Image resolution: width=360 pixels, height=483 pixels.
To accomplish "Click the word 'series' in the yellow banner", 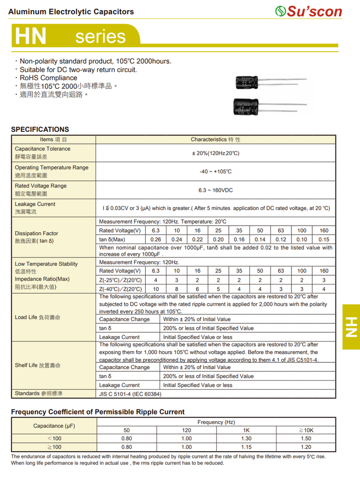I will click(100, 37).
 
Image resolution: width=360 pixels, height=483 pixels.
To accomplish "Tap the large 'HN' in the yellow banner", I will click(31, 37).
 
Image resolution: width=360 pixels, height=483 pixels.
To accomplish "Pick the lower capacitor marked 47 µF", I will click(251, 106).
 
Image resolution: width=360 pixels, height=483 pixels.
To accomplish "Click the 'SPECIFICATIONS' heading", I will click(40, 129).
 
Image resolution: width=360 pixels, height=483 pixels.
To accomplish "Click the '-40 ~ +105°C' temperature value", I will click(215, 172).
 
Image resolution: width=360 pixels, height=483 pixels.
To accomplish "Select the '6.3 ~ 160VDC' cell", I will click(215, 190).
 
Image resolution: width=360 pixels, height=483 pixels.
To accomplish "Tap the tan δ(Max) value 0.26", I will click(155, 240).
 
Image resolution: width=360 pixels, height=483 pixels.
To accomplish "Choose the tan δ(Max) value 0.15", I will click(324, 240).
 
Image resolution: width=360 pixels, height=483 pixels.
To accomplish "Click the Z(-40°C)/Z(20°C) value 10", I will click(155, 289).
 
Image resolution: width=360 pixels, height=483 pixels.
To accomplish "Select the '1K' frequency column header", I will click(246, 430).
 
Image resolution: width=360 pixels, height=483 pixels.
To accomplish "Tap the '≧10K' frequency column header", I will click(306, 430).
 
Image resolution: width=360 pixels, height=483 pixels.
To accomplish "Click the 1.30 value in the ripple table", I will click(246, 439).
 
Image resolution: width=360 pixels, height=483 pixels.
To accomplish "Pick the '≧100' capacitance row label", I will click(54, 447).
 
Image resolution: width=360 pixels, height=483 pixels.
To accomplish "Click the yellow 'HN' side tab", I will click(351, 327).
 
